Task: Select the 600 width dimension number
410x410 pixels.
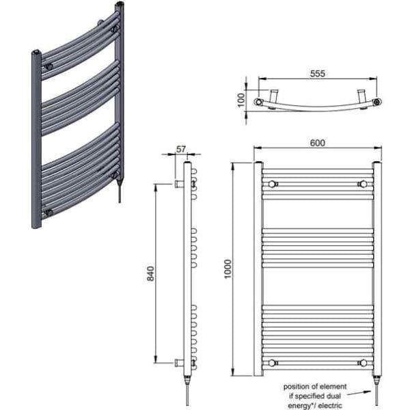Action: (x=316, y=142)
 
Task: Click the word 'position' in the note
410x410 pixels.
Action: (x=300, y=385)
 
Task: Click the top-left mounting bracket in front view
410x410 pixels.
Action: (x=273, y=184)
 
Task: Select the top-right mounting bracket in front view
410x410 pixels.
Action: (x=363, y=184)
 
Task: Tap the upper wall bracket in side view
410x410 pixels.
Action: (x=180, y=184)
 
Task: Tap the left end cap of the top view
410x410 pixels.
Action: (x=259, y=102)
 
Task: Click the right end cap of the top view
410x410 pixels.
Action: (x=377, y=102)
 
